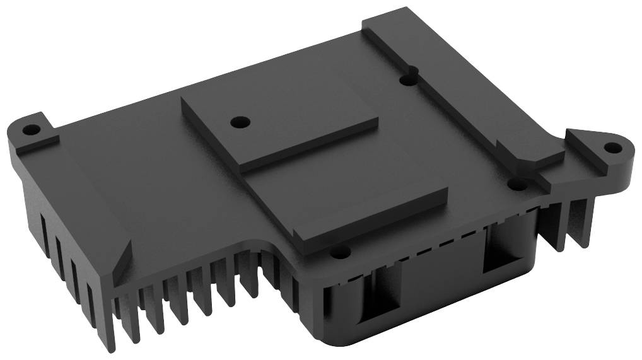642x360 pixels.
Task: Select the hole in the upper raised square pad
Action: coord(238,120)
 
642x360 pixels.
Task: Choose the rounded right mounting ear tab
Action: coord(602,151)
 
